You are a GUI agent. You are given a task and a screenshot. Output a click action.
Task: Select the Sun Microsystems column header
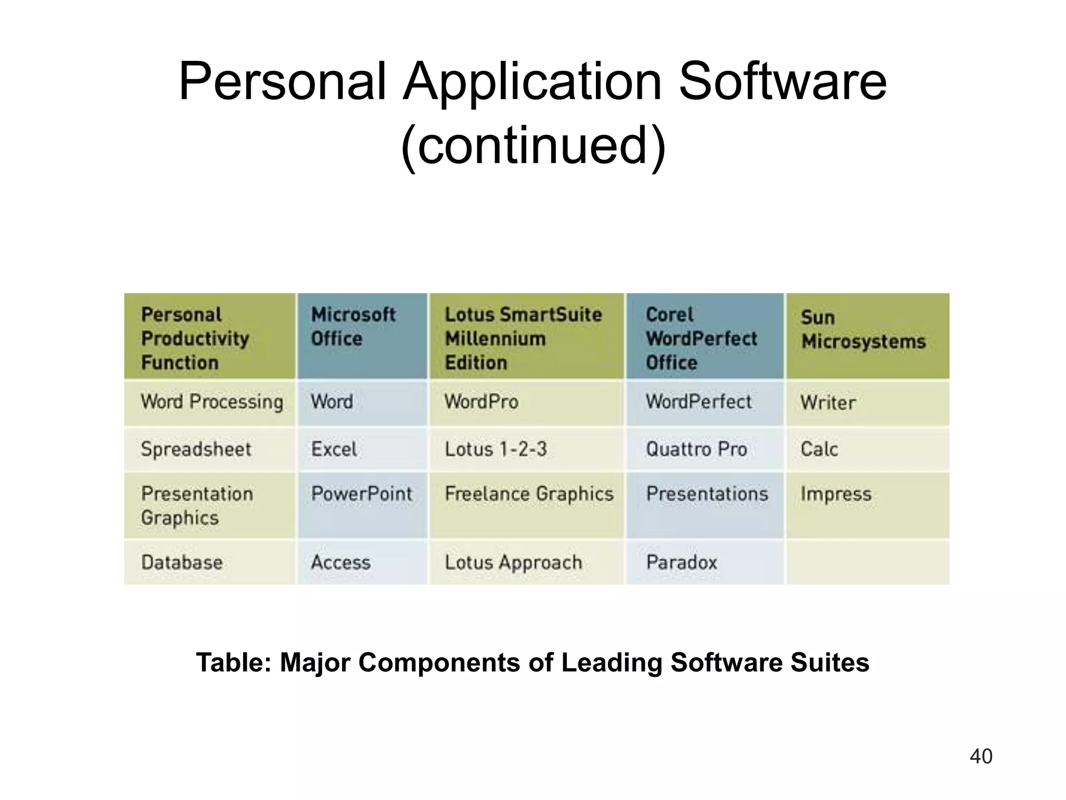tap(863, 330)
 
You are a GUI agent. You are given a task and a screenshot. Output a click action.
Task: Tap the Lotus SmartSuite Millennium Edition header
tap(523, 338)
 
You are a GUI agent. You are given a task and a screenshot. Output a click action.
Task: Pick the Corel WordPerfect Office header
tap(701, 338)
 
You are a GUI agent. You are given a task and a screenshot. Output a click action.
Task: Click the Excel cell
tap(334, 449)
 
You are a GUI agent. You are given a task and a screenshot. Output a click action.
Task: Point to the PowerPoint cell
tap(361, 494)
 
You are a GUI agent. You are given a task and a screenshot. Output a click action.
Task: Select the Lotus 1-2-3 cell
tap(496, 449)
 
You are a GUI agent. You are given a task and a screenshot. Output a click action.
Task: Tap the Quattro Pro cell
tap(696, 449)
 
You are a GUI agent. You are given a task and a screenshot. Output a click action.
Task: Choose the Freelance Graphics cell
tap(529, 494)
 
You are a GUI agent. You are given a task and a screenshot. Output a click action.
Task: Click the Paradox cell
tap(681, 562)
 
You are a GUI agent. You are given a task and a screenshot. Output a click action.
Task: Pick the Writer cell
tap(828, 403)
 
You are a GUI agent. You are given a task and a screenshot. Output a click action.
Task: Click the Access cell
tap(341, 562)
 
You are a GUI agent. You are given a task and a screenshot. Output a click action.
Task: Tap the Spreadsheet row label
tap(196, 449)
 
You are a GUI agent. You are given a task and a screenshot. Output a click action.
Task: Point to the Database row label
tap(182, 562)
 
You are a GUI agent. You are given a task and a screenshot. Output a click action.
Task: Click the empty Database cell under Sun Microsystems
tap(867, 562)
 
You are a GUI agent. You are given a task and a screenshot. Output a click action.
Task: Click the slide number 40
tap(981, 756)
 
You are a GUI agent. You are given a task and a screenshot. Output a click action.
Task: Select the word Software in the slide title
tap(782, 82)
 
